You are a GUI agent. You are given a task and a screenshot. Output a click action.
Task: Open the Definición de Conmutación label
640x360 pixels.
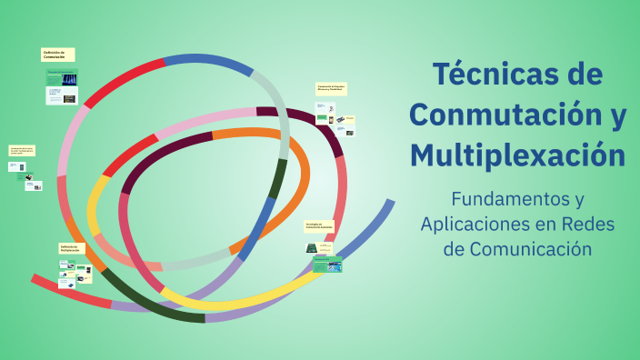[56, 55]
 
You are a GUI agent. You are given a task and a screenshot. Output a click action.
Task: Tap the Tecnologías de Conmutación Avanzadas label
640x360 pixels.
[319, 224]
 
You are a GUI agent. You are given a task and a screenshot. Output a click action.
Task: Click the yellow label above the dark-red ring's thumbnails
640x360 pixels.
[330, 89]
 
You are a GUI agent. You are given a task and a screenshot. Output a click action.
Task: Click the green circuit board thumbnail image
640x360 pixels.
[312, 248]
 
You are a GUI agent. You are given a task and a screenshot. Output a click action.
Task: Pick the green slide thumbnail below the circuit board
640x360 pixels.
[327, 265]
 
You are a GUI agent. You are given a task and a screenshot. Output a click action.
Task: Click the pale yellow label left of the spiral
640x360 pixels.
[22, 150]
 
